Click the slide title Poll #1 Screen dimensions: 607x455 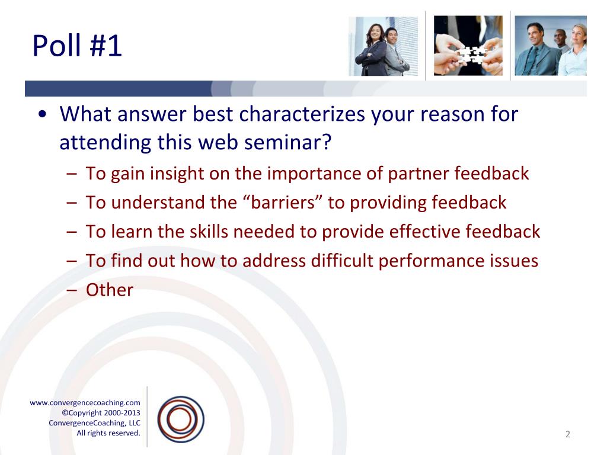tap(76, 46)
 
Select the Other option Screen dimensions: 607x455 tap(110, 290)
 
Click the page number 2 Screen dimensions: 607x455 tap(568, 434)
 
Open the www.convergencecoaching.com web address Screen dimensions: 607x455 tap(85, 403)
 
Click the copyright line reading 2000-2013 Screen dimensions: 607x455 tap(101, 413)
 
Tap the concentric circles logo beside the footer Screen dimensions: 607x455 tap(181, 419)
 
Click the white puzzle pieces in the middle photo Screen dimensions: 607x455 tap(470, 55)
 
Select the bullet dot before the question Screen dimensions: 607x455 tap(43, 114)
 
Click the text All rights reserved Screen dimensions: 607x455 tap(108, 433)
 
